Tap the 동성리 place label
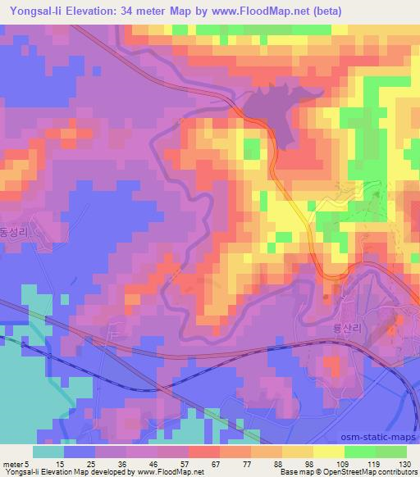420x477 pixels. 11,233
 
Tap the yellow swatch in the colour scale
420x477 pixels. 330,452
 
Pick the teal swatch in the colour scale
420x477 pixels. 48,452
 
